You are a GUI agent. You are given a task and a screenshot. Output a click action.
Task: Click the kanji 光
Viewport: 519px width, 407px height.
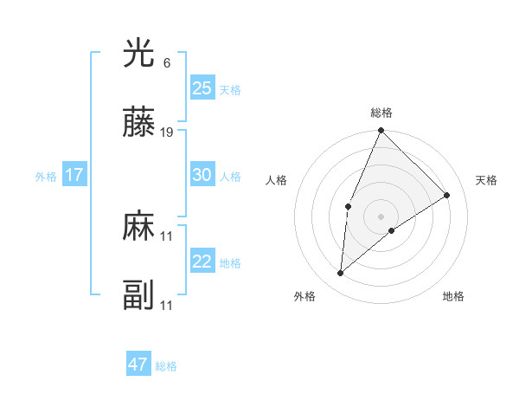point(139,55)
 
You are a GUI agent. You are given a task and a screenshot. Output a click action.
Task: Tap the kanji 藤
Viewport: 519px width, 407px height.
point(139,123)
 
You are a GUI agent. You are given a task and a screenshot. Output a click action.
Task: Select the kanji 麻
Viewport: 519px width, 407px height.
point(139,227)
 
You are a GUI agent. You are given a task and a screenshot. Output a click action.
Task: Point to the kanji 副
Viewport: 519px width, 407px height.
point(139,296)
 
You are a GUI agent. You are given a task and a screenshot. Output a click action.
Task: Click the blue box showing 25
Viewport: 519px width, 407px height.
point(202,88)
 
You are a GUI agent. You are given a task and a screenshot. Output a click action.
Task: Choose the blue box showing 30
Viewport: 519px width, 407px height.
point(202,175)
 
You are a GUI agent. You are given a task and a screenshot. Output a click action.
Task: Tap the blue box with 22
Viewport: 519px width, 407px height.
point(202,262)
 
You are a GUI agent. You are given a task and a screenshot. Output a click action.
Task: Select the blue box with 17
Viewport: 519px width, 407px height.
point(74,175)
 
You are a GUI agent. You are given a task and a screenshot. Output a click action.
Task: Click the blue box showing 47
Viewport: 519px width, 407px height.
point(138,365)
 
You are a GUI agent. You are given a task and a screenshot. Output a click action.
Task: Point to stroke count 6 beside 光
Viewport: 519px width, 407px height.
point(167,63)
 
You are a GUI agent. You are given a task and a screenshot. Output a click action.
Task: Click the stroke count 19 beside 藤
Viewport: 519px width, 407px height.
point(167,132)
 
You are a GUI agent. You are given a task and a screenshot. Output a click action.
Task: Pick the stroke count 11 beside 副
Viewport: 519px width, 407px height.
point(167,306)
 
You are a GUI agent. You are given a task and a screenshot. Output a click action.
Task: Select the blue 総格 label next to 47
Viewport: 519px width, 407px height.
point(166,366)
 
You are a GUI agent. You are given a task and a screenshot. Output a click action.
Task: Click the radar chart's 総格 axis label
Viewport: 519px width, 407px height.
point(381,113)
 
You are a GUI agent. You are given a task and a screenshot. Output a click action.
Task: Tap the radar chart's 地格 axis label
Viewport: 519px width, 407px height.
point(453,296)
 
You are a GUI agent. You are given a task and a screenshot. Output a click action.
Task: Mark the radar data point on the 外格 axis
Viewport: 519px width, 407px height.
point(341,274)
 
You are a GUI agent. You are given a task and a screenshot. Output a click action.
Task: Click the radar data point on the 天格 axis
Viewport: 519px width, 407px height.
point(447,196)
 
